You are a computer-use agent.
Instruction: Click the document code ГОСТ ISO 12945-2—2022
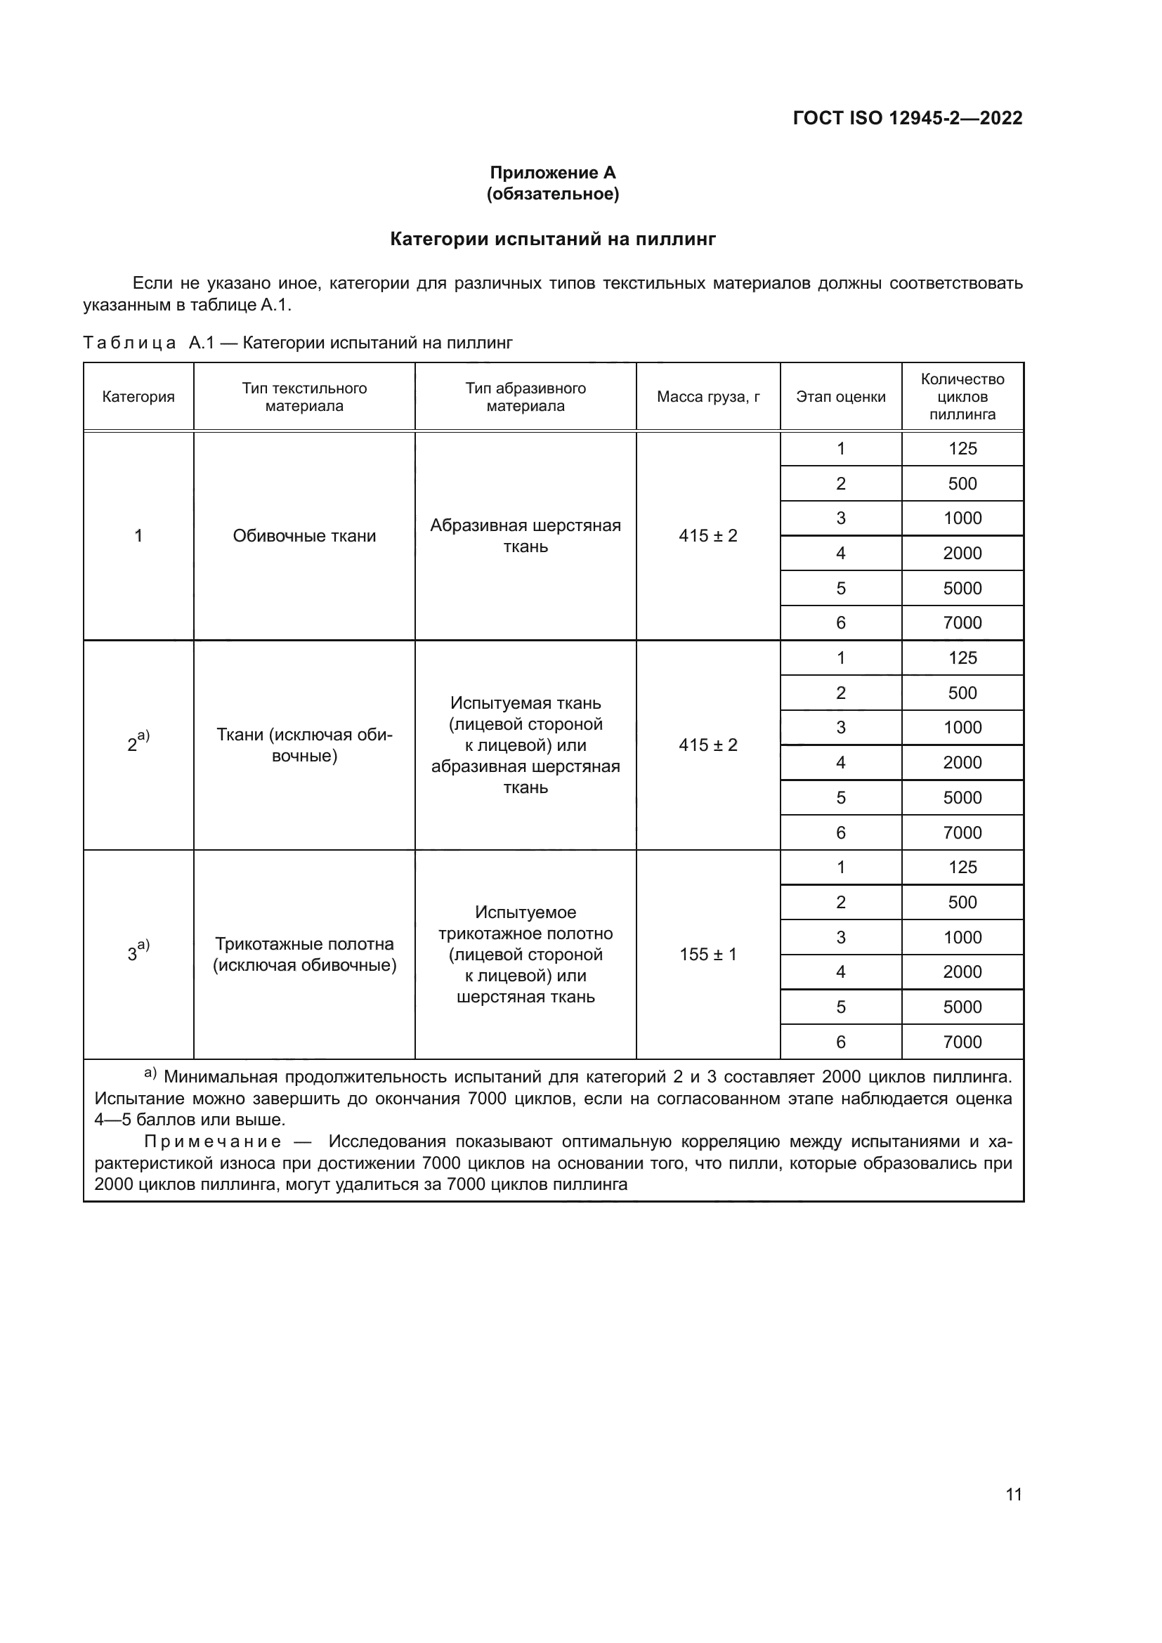point(907,118)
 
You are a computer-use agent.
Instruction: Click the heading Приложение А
point(552,173)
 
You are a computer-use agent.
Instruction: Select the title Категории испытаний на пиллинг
point(552,239)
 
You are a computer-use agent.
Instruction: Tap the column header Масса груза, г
point(707,396)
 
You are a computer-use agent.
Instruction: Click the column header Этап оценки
point(840,396)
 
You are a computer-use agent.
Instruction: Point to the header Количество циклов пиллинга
point(962,396)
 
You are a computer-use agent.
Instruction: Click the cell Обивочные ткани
point(304,536)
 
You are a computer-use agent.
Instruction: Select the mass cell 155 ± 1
point(707,954)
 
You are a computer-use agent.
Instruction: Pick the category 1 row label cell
point(138,536)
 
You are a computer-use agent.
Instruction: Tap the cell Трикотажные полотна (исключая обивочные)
point(304,954)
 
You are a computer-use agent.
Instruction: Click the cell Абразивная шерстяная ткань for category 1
point(525,536)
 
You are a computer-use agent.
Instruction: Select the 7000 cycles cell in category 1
point(962,622)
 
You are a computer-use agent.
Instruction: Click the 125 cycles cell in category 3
point(962,868)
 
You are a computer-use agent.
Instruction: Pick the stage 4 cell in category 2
point(840,762)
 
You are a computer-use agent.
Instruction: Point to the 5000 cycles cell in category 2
point(962,797)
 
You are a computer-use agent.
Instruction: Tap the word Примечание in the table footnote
point(212,1141)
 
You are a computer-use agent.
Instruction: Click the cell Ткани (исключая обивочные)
point(304,745)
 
